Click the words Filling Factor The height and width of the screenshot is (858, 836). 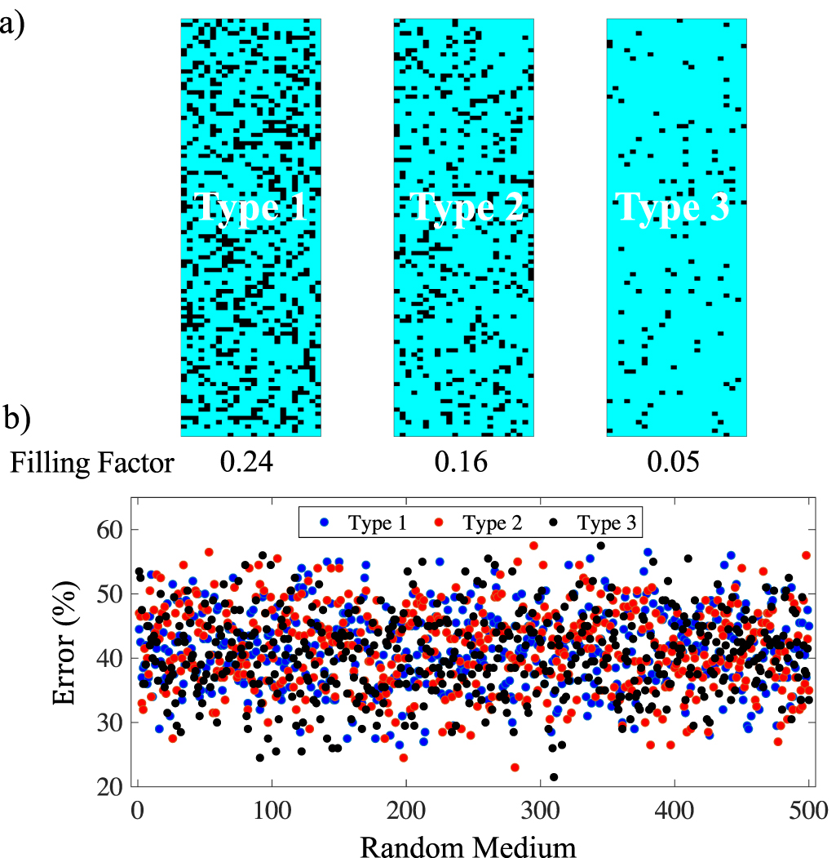click(x=92, y=463)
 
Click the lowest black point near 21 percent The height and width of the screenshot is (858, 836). click(x=554, y=777)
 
